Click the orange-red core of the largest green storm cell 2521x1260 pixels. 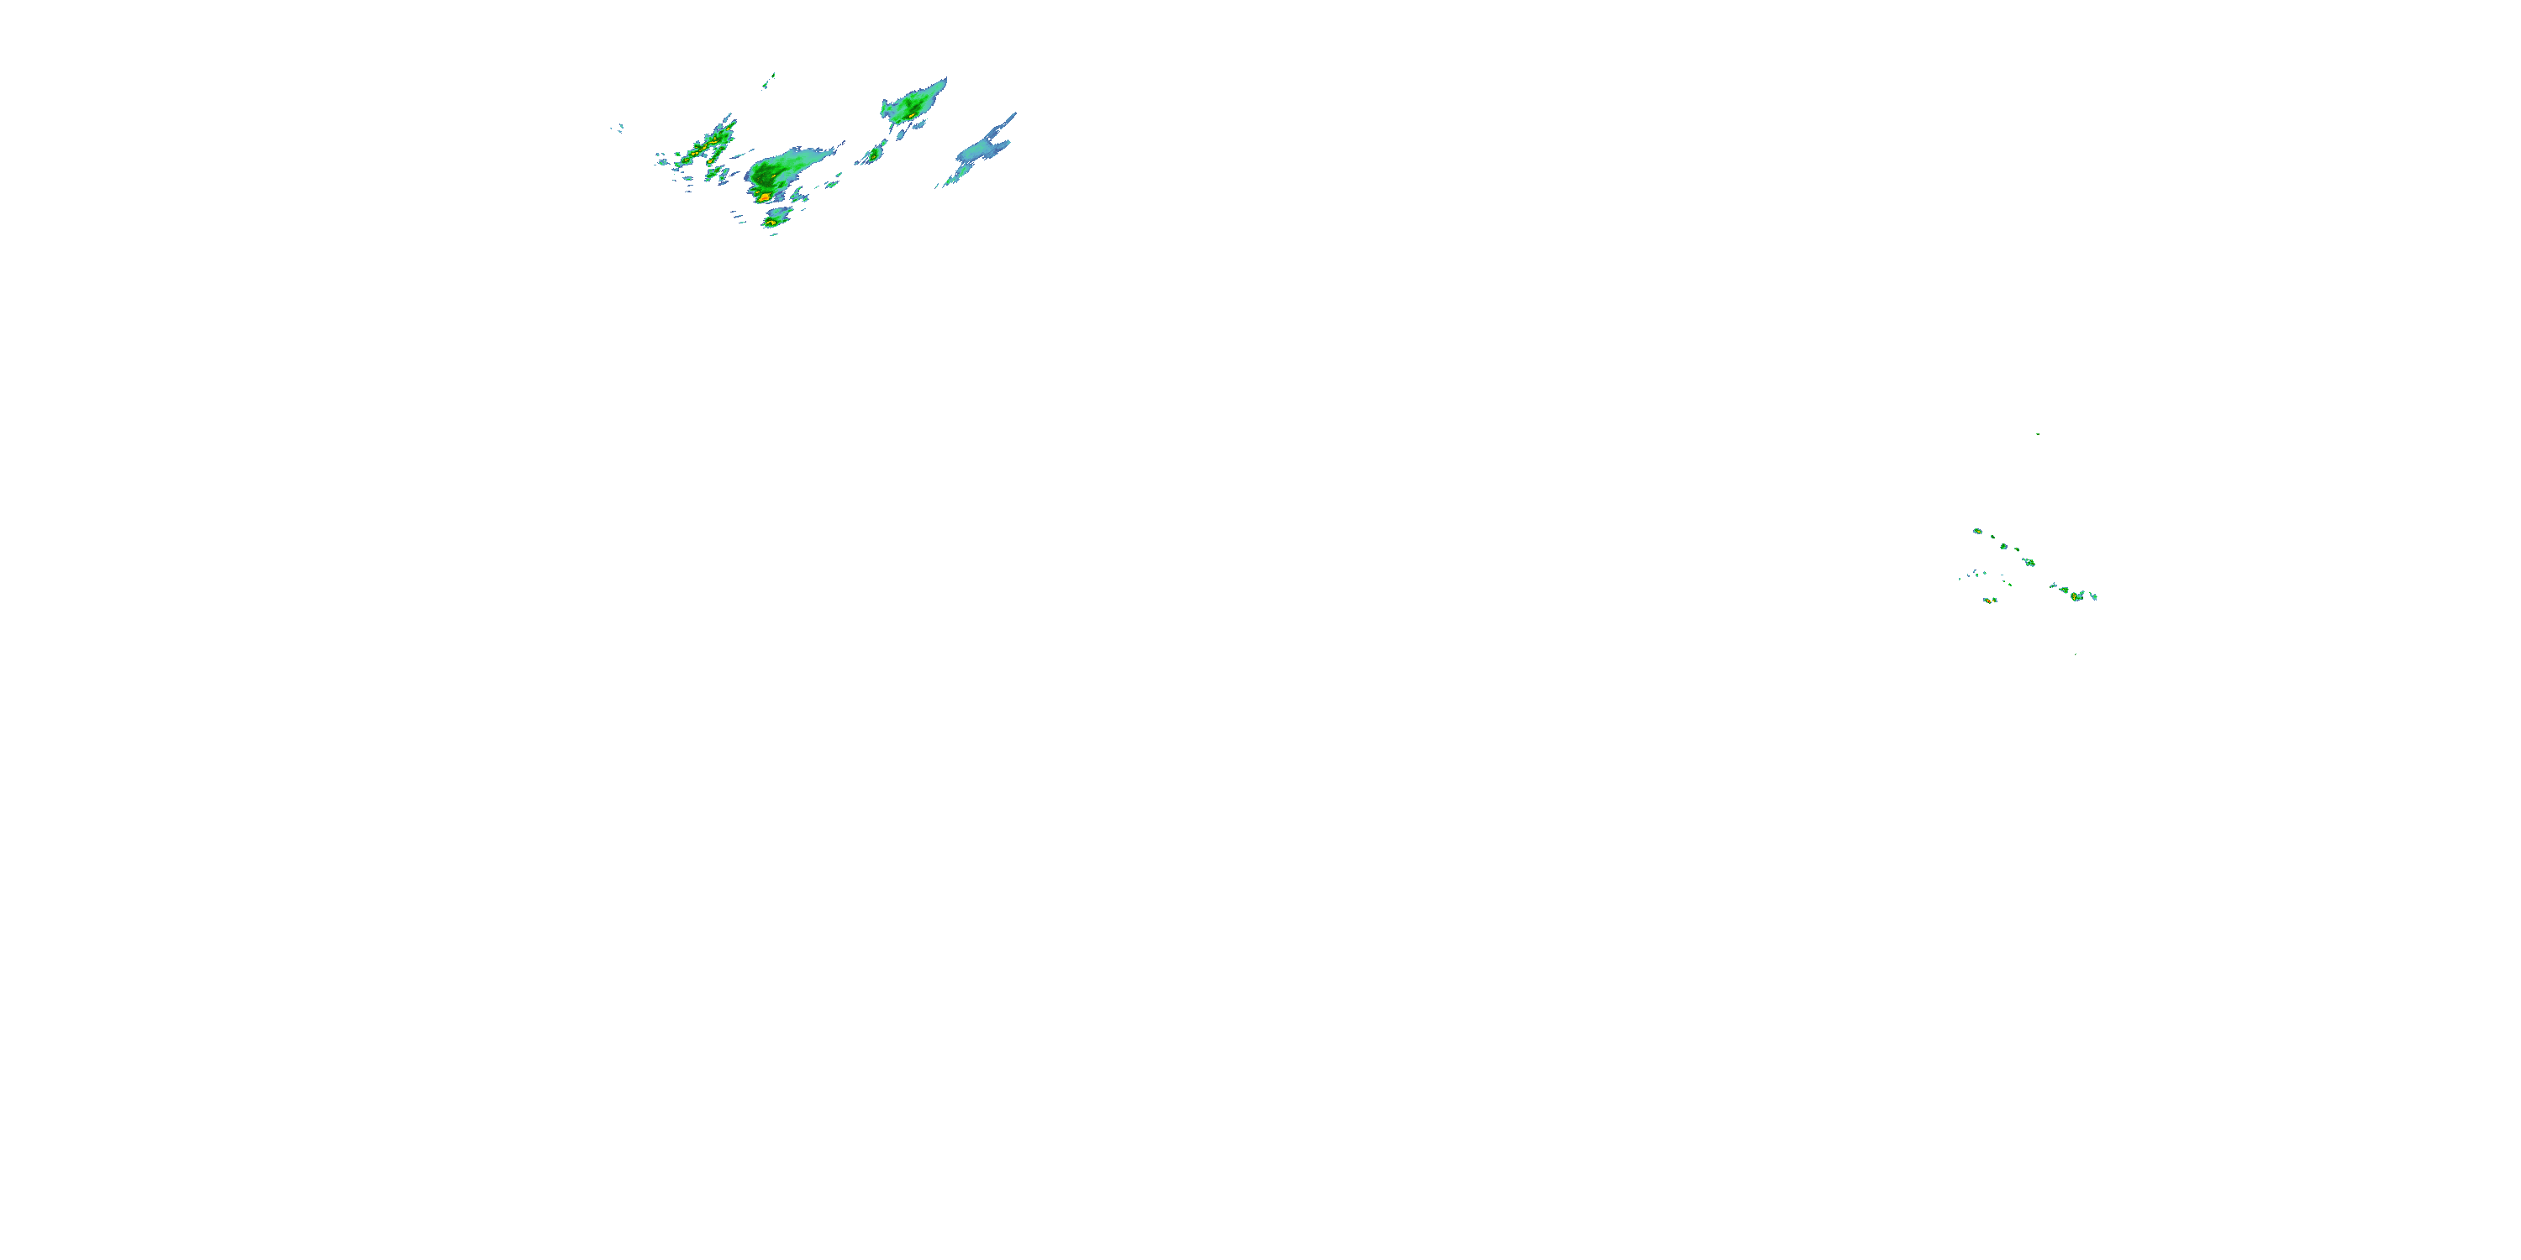(x=763, y=197)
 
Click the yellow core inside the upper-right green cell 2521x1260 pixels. (x=910, y=115)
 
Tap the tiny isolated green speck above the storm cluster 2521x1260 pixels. (x=772, y=75)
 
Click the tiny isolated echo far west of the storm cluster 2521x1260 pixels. (x=619, y=127)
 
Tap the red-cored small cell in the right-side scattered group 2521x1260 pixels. (x=2076, y=595)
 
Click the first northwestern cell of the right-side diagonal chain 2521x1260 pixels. (x=1976, y=531)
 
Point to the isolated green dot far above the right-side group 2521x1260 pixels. (x=2038, y=434)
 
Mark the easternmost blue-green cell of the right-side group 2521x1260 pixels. (x=2093, y=596)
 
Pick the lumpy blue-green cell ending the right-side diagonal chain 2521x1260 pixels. (x=2029, y=563)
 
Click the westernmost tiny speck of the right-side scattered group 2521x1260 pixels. (x=1960, y=578)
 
